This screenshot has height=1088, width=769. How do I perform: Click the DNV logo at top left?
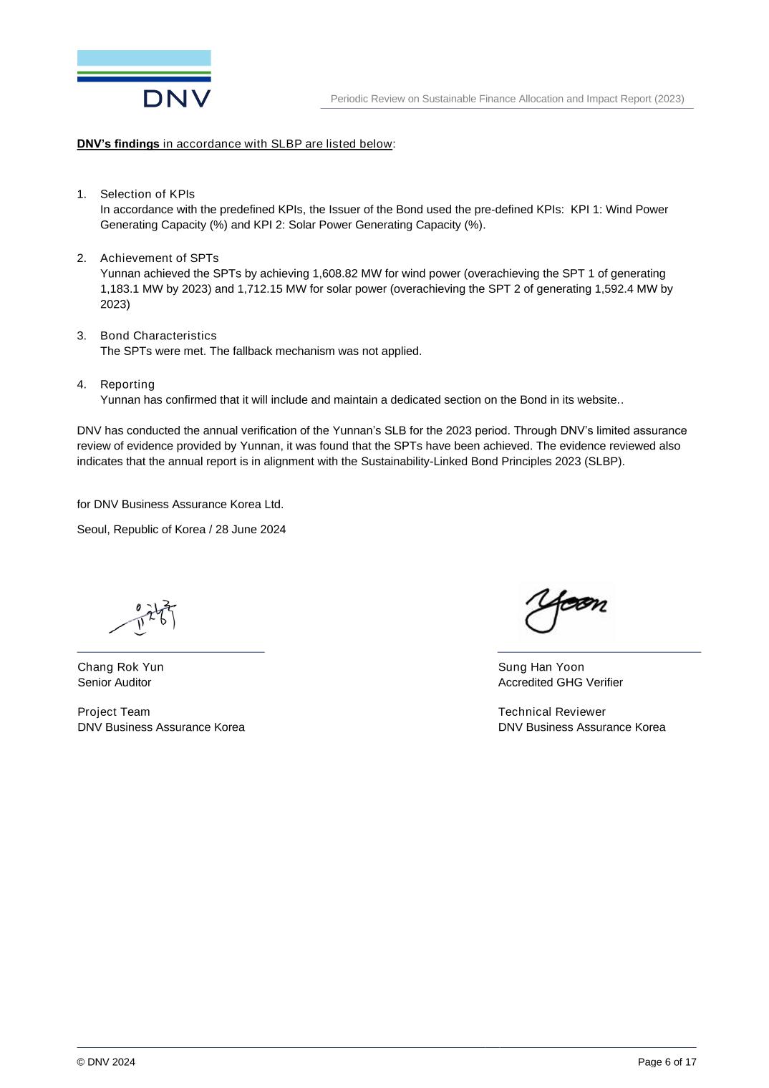pos(144,79)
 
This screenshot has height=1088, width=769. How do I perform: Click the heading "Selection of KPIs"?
pos(147,194)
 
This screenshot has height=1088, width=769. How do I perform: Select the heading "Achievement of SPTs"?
pos(159,258)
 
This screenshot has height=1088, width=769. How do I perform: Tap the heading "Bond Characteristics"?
pos(158,336)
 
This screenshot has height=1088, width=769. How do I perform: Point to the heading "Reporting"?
pos(127,384)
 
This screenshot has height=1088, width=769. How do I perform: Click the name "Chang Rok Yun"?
pos(120,667)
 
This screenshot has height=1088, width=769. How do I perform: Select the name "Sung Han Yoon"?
pos(541,667)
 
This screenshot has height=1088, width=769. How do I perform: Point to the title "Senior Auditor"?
pos(115,683)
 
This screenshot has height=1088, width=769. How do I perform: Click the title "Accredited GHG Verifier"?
pos(560,683)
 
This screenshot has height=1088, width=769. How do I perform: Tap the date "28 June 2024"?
pos(251,530)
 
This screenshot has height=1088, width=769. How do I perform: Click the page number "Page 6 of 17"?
pos(667,1062)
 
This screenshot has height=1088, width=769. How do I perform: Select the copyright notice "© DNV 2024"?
pos(106,1062)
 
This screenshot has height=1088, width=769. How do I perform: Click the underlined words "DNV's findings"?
pos(118,144)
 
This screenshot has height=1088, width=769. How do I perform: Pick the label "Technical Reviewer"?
pos(551,712)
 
